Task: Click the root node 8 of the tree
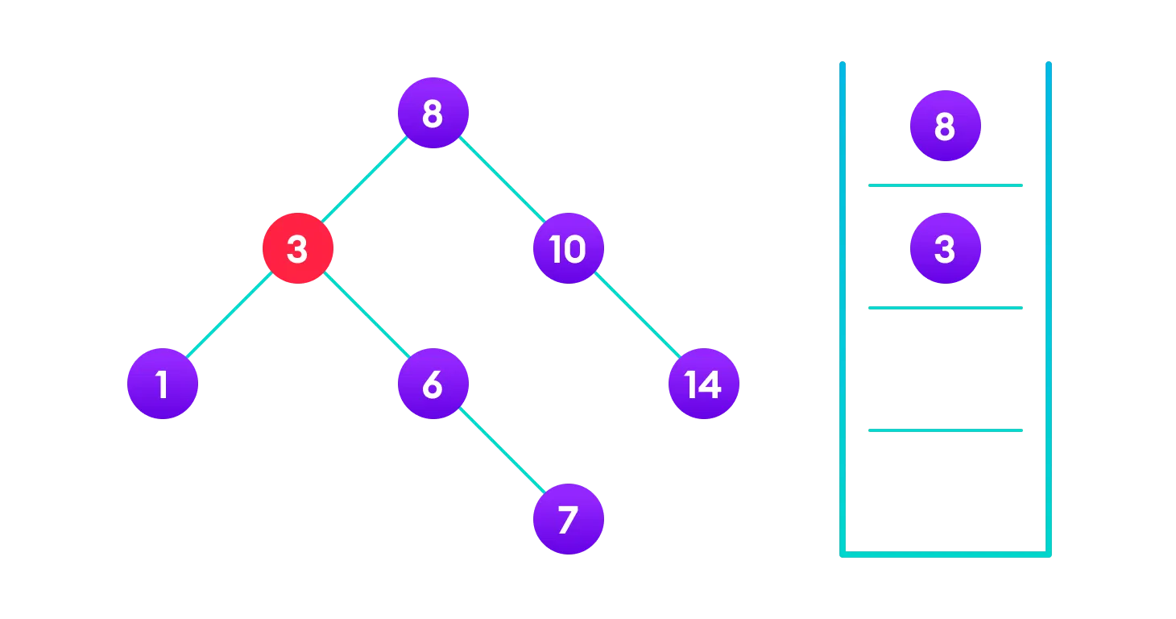433,114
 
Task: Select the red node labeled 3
297,249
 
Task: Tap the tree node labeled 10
568,249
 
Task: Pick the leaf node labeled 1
162,384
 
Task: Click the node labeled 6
433,384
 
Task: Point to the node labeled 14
703,384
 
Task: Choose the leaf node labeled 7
568,520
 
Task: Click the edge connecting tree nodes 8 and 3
365,181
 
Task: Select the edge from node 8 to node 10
500,181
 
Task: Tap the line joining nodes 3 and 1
230,317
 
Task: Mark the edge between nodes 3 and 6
365,317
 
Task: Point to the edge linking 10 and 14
636,317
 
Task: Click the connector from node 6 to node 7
500,452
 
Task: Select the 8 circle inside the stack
945,127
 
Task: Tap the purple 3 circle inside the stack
945,249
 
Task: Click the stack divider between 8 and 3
945,185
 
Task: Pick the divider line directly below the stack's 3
945,308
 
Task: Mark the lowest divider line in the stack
945,430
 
